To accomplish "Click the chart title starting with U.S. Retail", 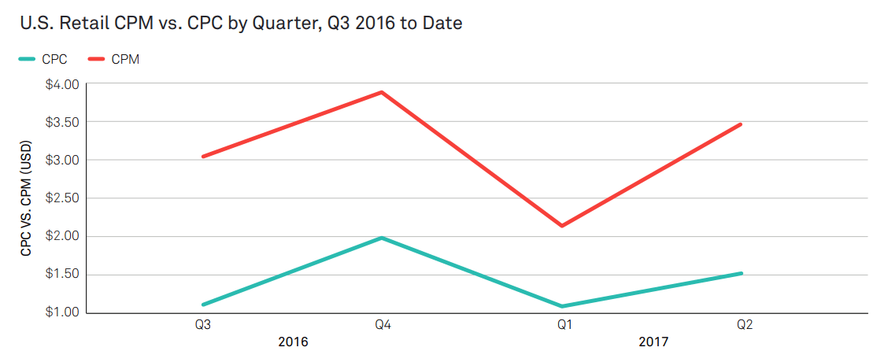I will pos(240,24).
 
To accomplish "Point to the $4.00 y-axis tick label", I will pos(62,84).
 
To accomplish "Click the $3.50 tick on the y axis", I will pos(62,122).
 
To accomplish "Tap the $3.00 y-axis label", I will pos(62,160).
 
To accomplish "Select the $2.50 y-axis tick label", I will pos(62,198).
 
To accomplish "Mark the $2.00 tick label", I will pos(62,236).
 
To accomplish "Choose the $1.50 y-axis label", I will pos(62,275).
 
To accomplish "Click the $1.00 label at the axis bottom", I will pos(62,312).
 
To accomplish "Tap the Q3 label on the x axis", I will pos(203,324).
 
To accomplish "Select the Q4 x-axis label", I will pos(383,324).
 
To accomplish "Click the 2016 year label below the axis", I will pos(293,342).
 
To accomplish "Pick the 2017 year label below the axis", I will pos(653,342).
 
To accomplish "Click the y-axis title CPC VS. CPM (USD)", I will pos(26,199).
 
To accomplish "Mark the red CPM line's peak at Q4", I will pos(382,92).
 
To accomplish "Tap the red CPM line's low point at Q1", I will pos(562,226).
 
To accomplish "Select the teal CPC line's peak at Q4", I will pos(382,238).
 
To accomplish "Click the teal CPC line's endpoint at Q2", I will pos(741,273).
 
